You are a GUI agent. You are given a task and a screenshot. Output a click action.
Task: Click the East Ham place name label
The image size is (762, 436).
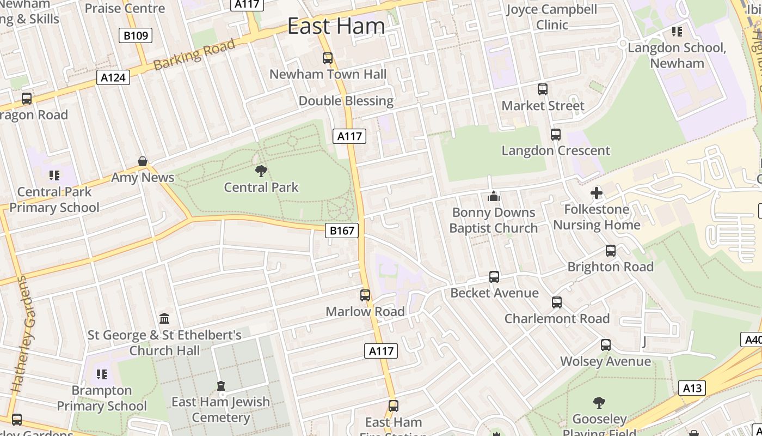tap(336, 26)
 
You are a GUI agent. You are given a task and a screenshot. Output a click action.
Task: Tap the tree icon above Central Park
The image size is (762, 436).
tap(261, 171)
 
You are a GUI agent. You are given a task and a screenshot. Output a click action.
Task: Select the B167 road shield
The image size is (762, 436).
tap(342, 231)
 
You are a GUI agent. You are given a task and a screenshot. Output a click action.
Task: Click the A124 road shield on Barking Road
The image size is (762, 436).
tap(113, 77)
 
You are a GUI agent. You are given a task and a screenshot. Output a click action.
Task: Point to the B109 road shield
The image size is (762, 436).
tap(136, 36)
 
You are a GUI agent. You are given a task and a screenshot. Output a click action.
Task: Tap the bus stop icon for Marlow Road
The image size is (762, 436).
tap(365, 295)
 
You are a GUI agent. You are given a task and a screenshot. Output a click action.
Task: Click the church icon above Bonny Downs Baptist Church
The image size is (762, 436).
tap(494, 196)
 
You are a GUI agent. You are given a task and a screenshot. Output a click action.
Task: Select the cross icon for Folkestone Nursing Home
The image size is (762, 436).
tap(597, 193)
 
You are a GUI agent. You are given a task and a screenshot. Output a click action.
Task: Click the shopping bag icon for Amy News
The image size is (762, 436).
tap(143, 161)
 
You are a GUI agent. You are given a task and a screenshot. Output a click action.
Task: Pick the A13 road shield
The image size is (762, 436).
tap(692, 388)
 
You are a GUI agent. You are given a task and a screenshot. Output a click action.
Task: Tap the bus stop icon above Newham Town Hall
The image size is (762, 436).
tap(328, 58)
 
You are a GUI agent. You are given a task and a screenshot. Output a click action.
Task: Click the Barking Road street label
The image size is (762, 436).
tap(194, 55)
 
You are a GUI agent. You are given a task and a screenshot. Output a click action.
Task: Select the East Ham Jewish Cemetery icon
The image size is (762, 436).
tap(221, 386)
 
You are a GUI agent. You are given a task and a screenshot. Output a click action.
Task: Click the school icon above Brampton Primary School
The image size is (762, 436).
tap(102, 374)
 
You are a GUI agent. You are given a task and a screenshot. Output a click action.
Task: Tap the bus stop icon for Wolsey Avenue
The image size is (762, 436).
tap(606, 345)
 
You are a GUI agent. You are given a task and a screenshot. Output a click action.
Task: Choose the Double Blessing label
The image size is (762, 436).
tap(346, 101)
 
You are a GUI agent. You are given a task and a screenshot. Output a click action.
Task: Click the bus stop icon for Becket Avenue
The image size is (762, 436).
tap(494, 277)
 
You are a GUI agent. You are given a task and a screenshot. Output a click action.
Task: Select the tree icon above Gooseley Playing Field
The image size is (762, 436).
tap(599, 403)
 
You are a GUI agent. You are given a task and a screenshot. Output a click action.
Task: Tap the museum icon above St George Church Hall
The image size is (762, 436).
tap(164, 318)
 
